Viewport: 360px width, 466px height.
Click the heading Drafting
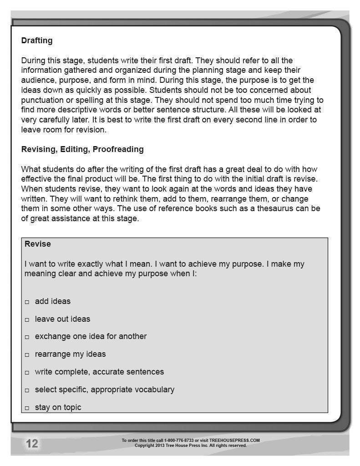[36, 41]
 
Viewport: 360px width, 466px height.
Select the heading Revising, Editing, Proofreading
[82, 149]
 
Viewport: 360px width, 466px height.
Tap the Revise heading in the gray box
[37, 244]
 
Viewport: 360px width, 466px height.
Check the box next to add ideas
[27, 302]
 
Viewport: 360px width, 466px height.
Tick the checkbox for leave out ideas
[27, 319]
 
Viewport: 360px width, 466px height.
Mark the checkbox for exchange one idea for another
[27, 337]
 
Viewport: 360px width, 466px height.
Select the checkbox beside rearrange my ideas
[27, 355]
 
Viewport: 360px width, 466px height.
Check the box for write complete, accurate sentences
[27, 373]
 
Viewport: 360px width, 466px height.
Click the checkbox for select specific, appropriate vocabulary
[27, 390]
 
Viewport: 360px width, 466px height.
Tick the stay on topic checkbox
[27, 408]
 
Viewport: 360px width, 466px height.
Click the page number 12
[32, 444]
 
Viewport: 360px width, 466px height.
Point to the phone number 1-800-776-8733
[179, 441]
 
